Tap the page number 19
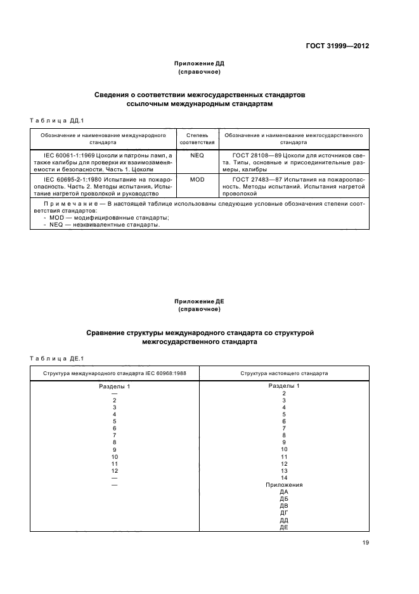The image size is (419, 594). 365,543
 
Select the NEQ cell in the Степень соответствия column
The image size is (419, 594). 197,154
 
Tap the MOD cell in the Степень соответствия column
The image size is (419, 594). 197,180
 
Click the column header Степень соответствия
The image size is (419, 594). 197,139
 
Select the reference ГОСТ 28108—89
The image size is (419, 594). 259,154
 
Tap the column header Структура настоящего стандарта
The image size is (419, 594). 283,373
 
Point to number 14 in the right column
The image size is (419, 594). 284,477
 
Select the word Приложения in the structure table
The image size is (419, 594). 284,485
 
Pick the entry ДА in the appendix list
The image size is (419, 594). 284,492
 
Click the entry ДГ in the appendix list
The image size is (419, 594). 284,513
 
